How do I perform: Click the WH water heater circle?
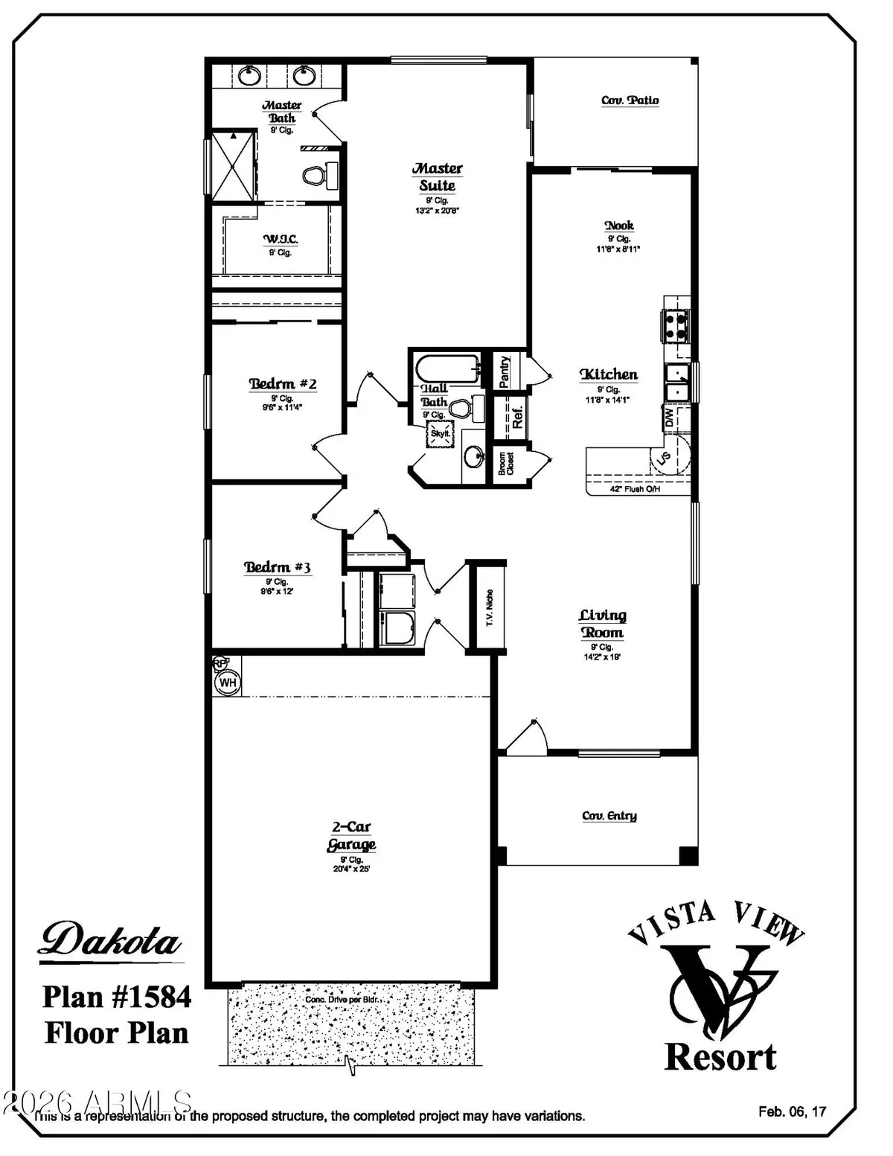coord(227,682)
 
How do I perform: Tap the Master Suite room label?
coord(438,177)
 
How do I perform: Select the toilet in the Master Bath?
coord(314,176)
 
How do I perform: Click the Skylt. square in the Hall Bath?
coord(439,433)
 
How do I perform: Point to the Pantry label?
coord(504,371)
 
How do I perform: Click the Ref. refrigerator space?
coord(517,416)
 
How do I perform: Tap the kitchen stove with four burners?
coord(676,325)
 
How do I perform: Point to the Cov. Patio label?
coord(630,100)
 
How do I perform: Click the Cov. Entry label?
coord(609,816)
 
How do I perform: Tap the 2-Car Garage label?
coord(351,836)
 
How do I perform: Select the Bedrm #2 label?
coord(282,384)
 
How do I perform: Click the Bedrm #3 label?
coord(277,567)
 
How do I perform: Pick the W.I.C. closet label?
coord(280,239)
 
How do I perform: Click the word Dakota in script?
coord(111,939)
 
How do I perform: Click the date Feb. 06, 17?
coord(792,1111)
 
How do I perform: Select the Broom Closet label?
coord(506,464)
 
